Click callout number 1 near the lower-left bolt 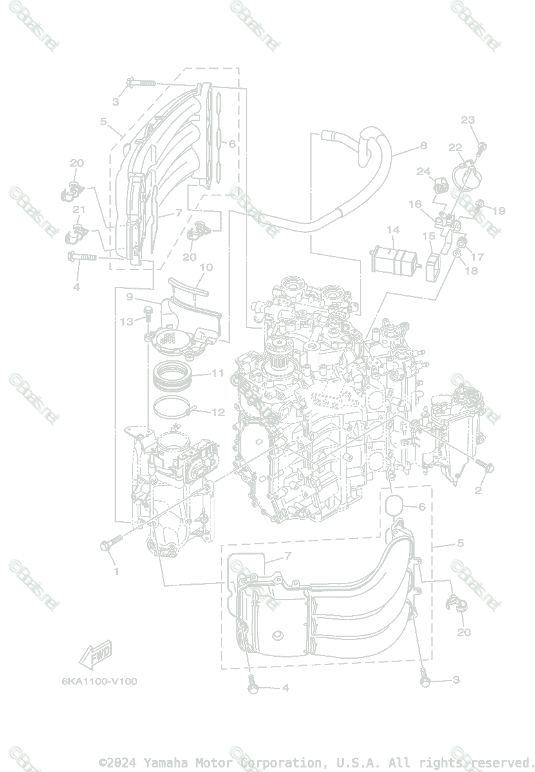[117, 571]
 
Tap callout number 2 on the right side [478, 491]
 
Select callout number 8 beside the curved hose [423, 146]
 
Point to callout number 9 [129, 297]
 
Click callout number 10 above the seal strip [206, 267]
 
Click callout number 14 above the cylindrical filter [393, 230]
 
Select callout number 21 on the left [79, 210]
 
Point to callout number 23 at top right [468, 120]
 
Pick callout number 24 [423, 172]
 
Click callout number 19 [500, 210]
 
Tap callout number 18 [471, 271]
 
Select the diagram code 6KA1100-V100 [99, 681]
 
